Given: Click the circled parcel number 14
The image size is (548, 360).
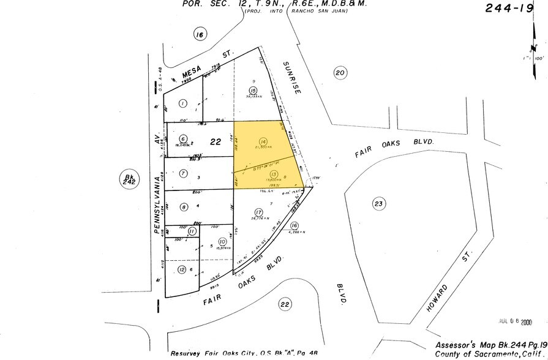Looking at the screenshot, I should click(264, 141).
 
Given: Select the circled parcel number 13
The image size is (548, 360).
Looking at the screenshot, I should click(274, 174).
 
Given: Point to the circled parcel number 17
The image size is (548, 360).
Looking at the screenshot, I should click(259, 212).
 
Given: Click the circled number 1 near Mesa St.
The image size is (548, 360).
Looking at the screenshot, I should click(182, 103).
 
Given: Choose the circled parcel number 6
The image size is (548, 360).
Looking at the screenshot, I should click(183, 139).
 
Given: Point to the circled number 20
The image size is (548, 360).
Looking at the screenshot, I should click(340, 73).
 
